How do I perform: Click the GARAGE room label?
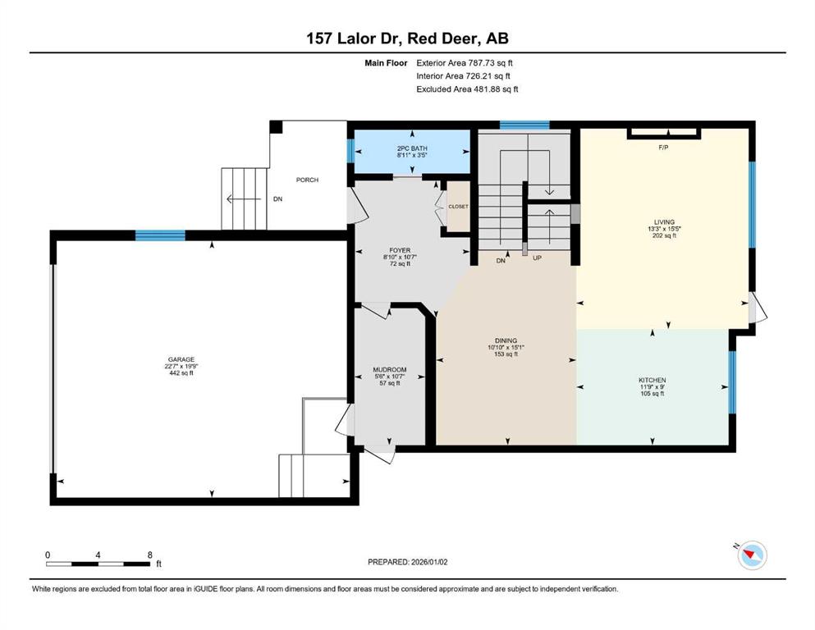[181, 359]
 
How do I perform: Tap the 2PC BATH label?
[412, 148]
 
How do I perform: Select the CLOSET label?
[458, 207]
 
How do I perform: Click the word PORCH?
[307, 180]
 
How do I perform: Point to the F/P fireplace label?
[663, 148]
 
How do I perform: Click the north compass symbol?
[752, 555]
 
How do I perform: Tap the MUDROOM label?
[390, 370]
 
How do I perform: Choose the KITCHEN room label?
[652, 380]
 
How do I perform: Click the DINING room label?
[506, 340]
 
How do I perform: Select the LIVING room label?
[664, 221]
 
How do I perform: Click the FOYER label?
[400, 250]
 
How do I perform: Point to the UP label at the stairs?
[537, 258]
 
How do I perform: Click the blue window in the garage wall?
[160, 235]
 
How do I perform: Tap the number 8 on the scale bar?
[149, 555]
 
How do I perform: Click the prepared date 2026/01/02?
[428, 562]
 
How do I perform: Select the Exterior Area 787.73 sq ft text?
[465, 63]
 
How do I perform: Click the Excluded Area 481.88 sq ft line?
[467, 89]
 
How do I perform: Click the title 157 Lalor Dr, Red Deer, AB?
[407, 39]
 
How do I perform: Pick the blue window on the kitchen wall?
[732, 382]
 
